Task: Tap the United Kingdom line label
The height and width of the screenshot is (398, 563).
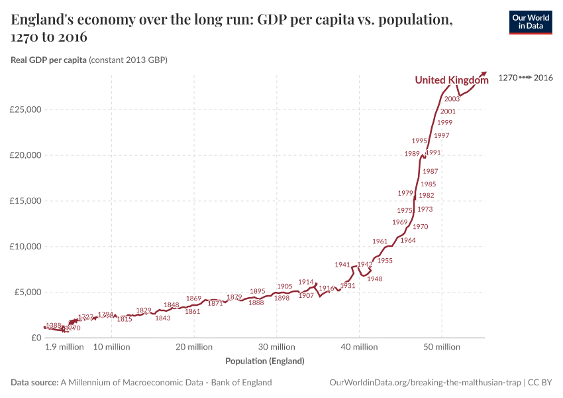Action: click(451, 80)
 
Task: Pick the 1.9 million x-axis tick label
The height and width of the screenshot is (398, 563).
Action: click(64, 347)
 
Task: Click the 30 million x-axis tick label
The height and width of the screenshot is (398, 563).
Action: click(276, 347)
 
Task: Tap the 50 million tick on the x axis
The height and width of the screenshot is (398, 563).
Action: click(442, 347)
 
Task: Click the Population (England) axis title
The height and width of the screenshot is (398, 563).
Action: click(265, 362)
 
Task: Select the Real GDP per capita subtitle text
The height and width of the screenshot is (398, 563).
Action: click(89, 60)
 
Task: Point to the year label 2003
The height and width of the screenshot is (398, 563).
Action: click(452, 99)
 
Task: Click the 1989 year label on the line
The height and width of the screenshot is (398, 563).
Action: click(412, 154)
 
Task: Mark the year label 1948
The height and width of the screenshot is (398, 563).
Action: click(375, 279)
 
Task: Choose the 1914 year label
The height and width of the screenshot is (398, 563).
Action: click(306, 282)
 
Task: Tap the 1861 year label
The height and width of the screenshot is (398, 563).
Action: click(193, 312)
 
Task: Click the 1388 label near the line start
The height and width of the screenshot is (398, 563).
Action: click(54, 326)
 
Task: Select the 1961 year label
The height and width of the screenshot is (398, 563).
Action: click(380, 241)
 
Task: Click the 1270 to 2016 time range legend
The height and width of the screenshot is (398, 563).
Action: click(525, 78)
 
